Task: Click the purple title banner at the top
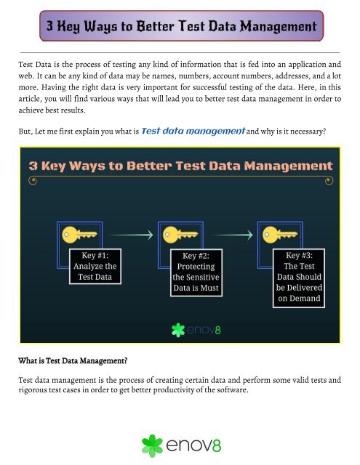(180, 27)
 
